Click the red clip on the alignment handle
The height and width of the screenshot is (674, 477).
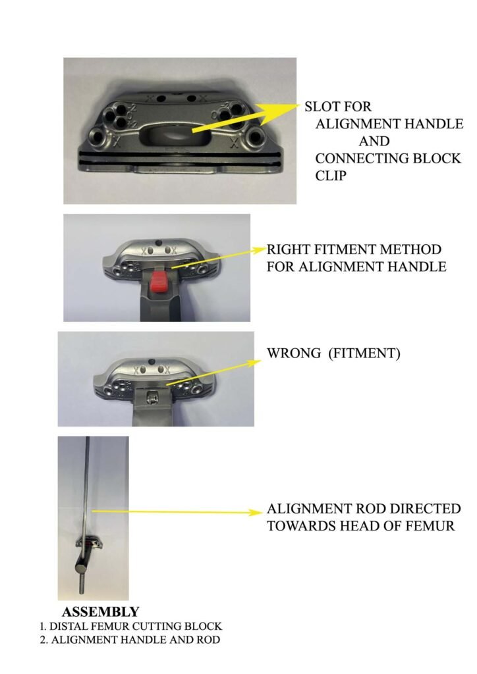(x=159, y=281)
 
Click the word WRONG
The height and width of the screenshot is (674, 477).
(x=294, y=353)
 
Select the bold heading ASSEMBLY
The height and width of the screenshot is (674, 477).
(x=101, y=611)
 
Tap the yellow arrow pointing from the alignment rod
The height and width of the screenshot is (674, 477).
(x=177, y=512)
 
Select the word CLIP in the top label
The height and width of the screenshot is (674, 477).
(x=331, y=176)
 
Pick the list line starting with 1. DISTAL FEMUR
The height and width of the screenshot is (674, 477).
(x=130, y=627)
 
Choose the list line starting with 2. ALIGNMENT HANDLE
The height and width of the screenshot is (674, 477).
(x=130, y=640)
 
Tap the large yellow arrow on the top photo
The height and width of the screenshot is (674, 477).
(x=246, y=117)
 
